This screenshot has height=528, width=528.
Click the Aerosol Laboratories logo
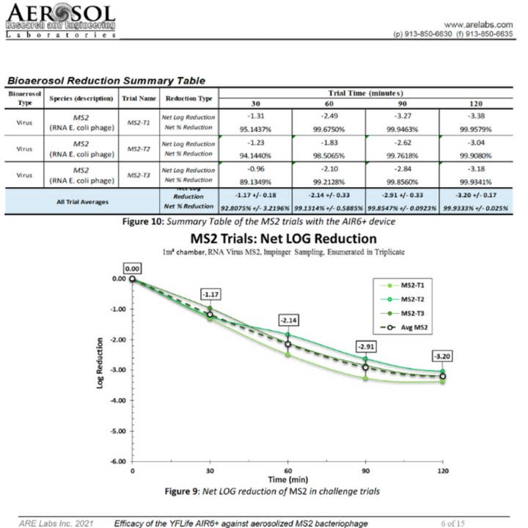click(x=60, y=21)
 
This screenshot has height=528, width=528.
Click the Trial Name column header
click(x=137, y=98)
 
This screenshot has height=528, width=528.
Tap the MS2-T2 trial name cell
click(x=137, y=148)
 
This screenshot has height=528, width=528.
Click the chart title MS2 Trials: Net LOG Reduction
click(x=282, y=239)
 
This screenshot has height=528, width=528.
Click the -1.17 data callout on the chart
click(x=210, y=294)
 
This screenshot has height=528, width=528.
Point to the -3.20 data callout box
click(x=441, y=356)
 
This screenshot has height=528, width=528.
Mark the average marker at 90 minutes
click(x=364, y=367)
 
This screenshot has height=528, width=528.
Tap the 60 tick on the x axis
click(x=287, y=471)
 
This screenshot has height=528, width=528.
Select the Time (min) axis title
click(x=287, y=478)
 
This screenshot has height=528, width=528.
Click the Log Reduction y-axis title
click(x=100, y=370)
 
